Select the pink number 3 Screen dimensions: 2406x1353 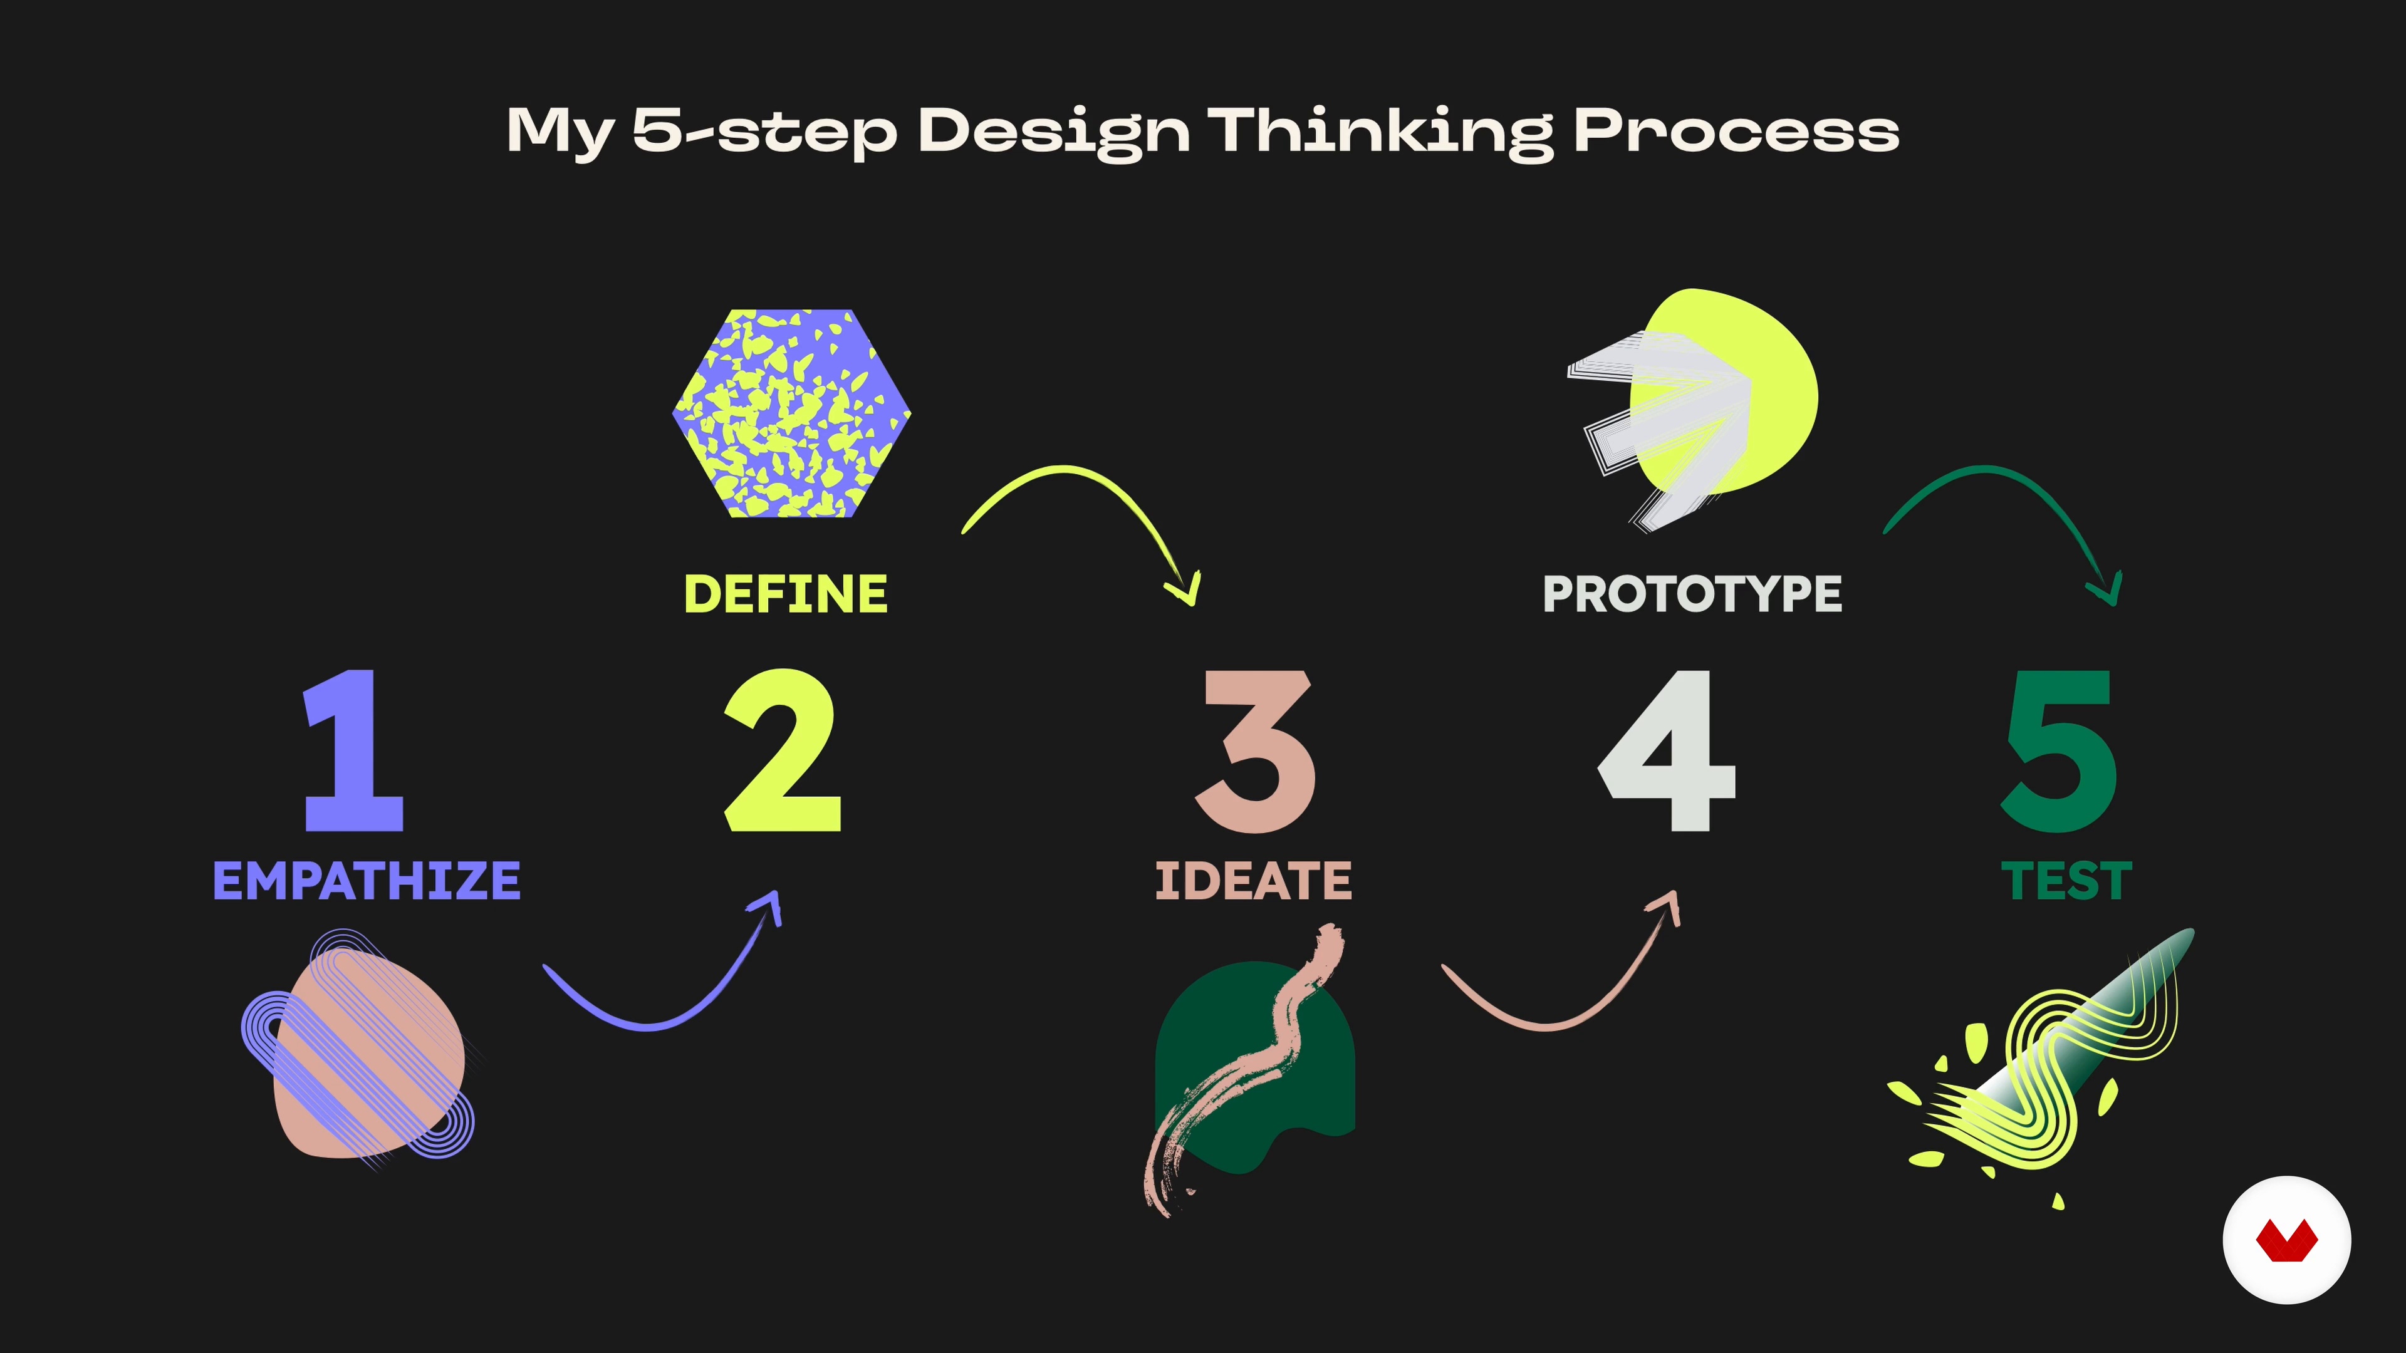(x=1255, y=751)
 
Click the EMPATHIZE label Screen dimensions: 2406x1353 (x=366, y=881)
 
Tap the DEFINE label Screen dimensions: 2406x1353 (x=786, y=594)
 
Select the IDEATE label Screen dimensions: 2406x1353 (x=1253, y=881)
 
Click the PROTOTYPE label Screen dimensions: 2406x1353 (x=1692, y=594)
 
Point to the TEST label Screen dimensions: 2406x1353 (x=2066, y=881)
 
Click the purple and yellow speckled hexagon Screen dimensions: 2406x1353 (x=791, y=413)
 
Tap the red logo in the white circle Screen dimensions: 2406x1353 (x=2286, y=1241)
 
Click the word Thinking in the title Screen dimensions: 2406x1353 (x=1382, y=132)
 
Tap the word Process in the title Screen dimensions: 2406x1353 (x=1736, y=132)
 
